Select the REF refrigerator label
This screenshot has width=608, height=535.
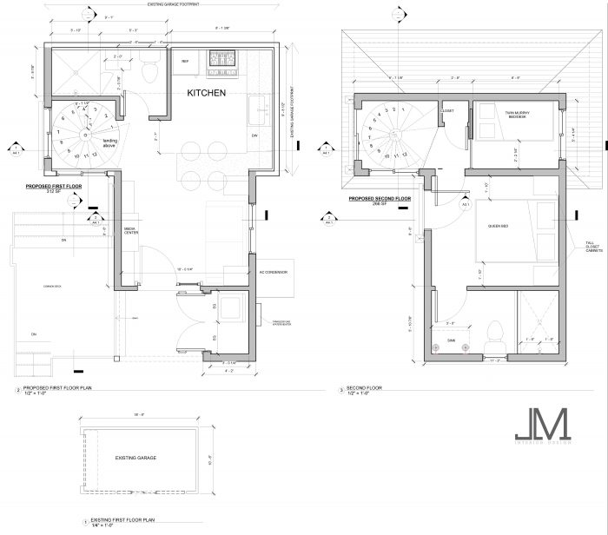(185, 62)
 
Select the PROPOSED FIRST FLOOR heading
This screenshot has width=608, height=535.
(54, 186)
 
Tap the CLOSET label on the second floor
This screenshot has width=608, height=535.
(447, 111)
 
